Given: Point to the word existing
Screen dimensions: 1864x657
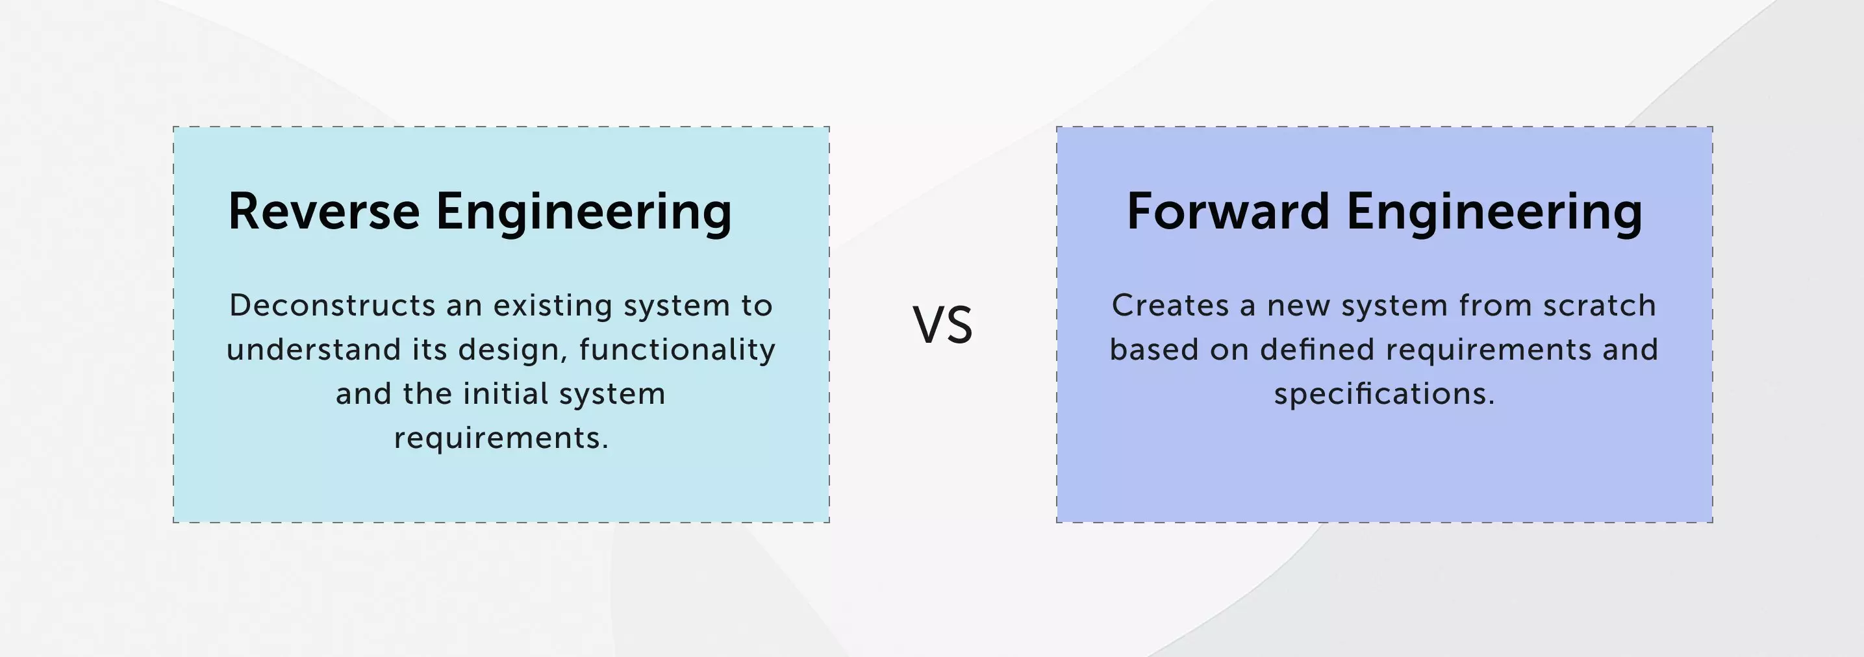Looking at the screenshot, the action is pyautogui.click(x=552, y=305).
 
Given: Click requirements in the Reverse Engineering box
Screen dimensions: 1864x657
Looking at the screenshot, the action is pyautogui.click(x=501, y=438).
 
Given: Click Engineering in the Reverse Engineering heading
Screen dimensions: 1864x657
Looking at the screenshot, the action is pyautogui.click(x=584, y=213).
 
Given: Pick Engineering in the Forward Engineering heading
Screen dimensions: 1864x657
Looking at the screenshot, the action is pyautogui.click(x=1494, y=213).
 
